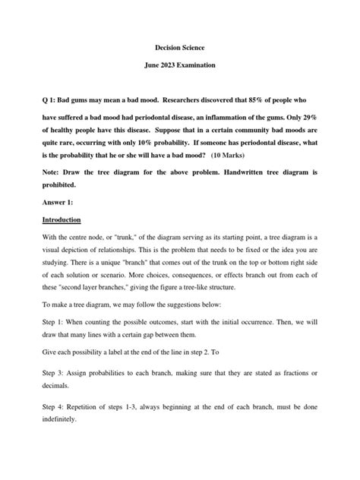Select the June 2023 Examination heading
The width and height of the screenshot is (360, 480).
click(180, 66)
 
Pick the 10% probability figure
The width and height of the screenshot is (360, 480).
click(194, 141)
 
